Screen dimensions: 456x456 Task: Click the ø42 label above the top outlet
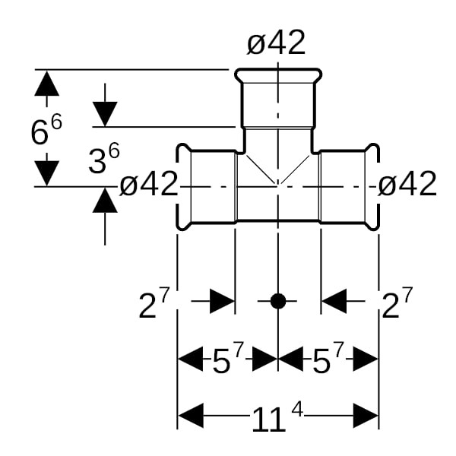pos(276,43)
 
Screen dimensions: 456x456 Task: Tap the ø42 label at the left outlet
pos(149,184)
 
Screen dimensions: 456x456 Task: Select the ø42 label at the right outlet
pos(407,184)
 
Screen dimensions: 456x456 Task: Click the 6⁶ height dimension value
pos(46,131)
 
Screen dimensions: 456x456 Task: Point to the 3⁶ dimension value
pos(103,160)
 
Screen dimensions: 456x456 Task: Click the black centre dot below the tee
pos(278,301)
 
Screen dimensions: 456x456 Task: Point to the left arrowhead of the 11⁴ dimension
pos(192,416)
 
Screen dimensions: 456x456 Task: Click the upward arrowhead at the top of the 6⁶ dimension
pos(46,83)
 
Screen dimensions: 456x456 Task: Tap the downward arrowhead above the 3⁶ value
pos(105,114)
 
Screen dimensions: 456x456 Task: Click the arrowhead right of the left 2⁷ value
pos(222,301)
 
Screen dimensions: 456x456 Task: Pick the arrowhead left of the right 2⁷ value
pos(334,301)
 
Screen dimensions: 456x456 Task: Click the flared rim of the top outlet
pos(277,74)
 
